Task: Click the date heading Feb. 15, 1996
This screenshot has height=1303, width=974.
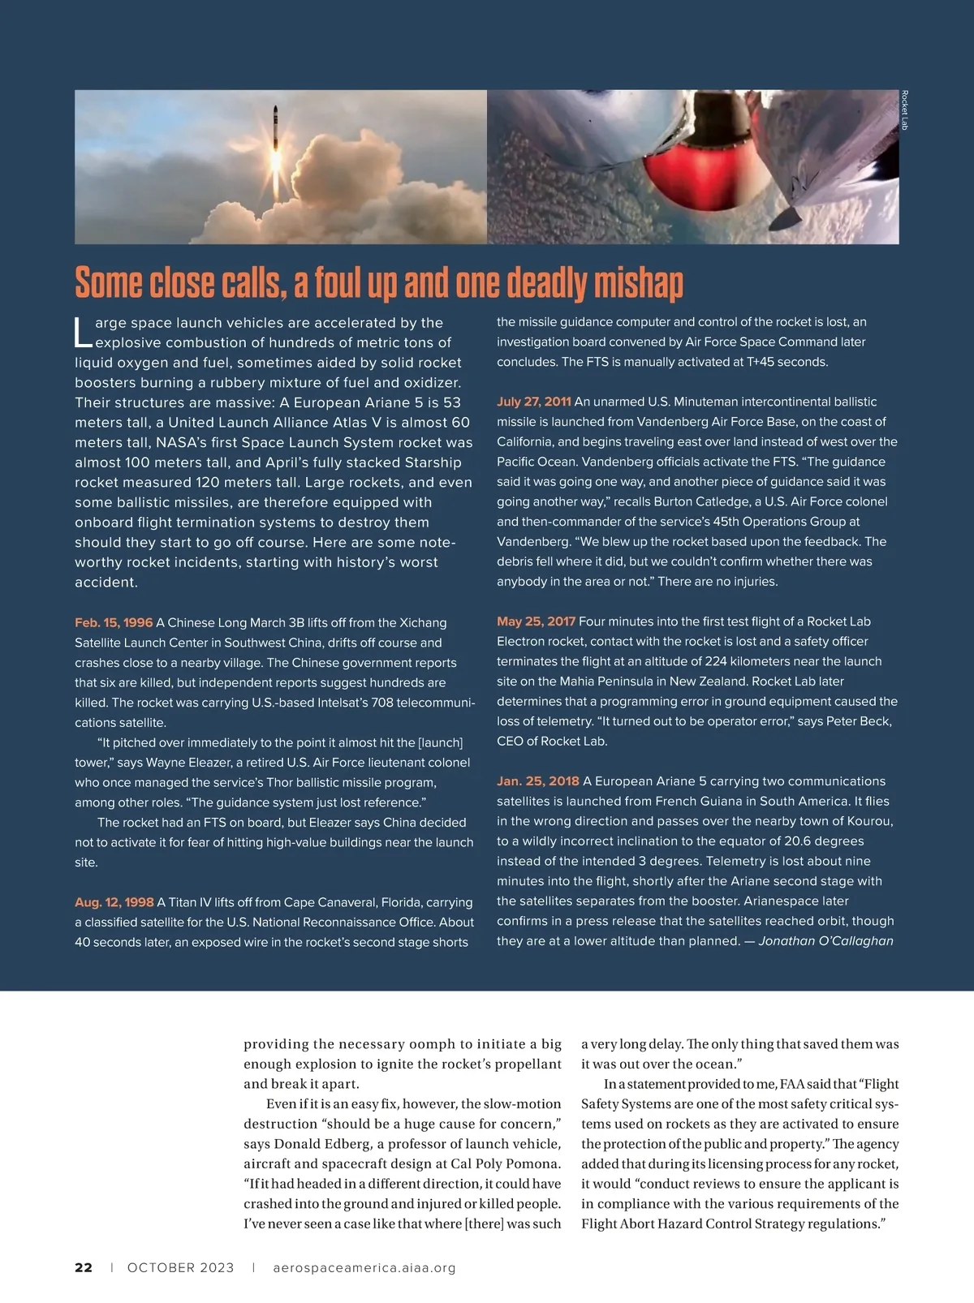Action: (114, 622)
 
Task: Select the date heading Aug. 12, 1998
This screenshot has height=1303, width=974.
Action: (114, 902)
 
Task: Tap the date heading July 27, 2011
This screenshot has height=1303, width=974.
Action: (534, 402)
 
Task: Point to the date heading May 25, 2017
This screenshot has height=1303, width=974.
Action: (536, 621)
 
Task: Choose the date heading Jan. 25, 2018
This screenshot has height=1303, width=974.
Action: (538, 781)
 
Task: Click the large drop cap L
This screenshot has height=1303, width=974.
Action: (83, 331)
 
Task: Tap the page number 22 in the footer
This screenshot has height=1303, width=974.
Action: (84, 1267)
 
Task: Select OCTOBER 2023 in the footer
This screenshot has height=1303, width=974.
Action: (180, 1267)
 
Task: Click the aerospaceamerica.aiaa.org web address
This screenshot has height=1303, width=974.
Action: (364, 1267)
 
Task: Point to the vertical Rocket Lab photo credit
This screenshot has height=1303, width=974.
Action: (904, 111)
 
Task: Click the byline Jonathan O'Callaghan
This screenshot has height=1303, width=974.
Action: (825, 941)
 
